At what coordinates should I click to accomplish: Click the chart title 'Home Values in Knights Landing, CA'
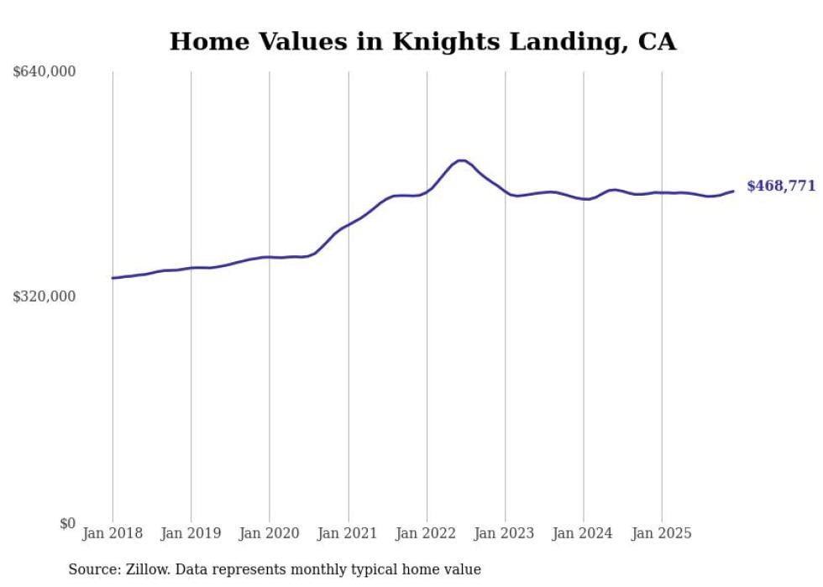click(x=422, y=41)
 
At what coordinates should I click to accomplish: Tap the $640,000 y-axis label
click(x=45, y=72)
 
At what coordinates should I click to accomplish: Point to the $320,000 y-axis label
click(x=45, y=296)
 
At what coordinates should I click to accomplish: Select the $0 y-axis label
click(x=67, y=523)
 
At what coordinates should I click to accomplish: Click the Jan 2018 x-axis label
click(x=113, y=533)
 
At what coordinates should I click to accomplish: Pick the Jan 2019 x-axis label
click(x=191, y=533)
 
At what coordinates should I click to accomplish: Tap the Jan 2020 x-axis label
click(x=270, y=533)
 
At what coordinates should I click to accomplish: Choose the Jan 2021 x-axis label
click(x=349, y=533)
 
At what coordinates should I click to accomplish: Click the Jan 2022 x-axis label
click(x=427, y=533)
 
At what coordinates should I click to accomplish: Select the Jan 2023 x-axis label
click(x=506, y=533)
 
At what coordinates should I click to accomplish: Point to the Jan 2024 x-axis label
click(x=584, y=533)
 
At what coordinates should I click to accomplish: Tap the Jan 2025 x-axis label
click(x=663, y=533)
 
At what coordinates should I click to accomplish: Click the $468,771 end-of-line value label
click(x=781, y=186)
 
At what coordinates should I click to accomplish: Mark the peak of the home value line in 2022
click(x=461, y=160)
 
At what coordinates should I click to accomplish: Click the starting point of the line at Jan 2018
click(x=113, y=278)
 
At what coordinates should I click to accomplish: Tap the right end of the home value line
click(x=733, y=191)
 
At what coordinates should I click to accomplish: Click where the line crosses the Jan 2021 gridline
click(x=349, y=225)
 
